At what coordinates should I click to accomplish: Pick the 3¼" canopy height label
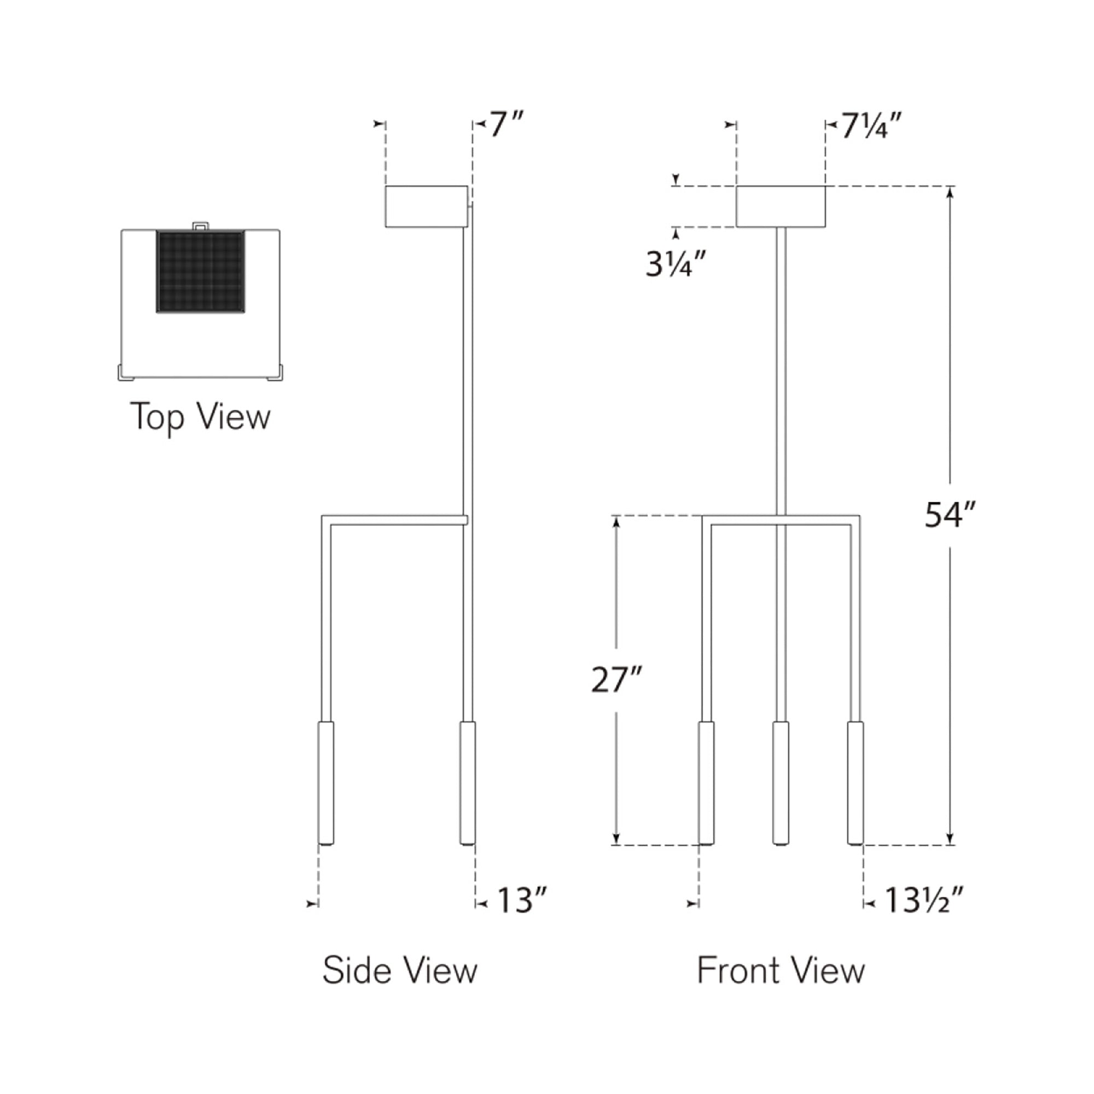point(676,263)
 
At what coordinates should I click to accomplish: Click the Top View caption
point(200,417)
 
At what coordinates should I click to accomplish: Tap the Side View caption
point(400,969)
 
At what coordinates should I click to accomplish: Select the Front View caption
point(781,969)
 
